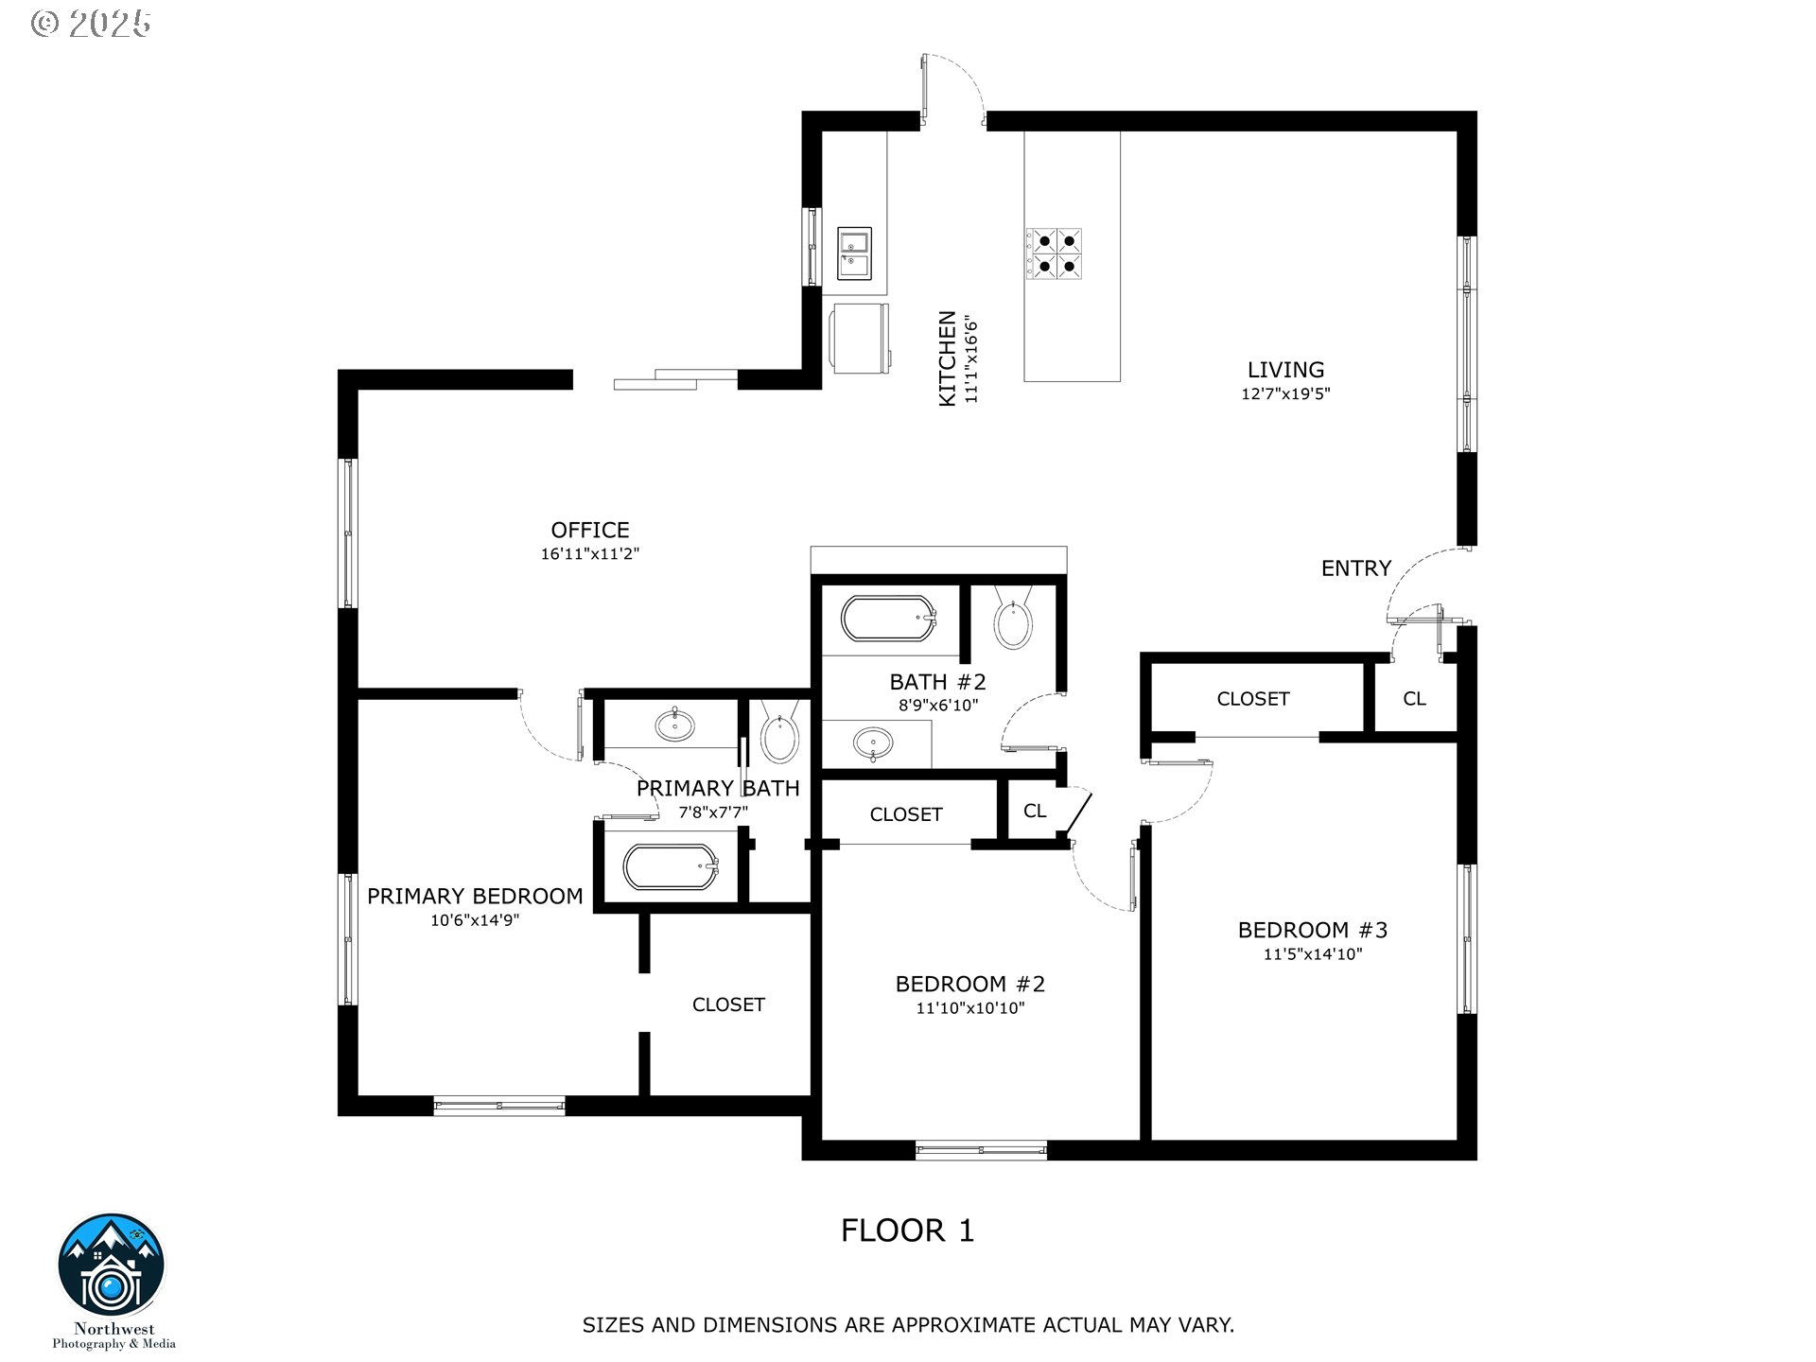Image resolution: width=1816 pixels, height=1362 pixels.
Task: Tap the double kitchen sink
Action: click(854, 253)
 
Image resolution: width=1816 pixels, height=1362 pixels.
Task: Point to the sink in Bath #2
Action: click(872, 743)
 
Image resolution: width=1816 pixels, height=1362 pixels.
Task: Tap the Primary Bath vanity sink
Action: click(674, 725)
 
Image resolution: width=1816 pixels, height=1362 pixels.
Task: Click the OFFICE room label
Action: click(590, 530)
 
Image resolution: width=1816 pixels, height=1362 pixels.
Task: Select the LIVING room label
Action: click(1285, 370)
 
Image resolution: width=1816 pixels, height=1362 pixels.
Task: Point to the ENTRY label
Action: click(1356, 568)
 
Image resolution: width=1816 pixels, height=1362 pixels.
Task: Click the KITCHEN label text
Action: click(947, 359)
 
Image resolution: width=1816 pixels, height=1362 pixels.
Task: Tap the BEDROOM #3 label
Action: click(1313, 930)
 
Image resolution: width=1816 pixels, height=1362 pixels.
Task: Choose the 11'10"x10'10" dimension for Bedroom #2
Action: click(970, 1008)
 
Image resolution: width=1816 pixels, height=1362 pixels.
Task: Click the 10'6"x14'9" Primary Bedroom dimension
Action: click(475, 920)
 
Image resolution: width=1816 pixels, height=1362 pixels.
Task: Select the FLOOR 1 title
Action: click(908, 1231)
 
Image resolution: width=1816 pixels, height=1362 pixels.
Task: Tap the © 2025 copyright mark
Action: click(91, 24)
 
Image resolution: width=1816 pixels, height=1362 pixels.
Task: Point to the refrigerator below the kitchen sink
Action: click(861, 337)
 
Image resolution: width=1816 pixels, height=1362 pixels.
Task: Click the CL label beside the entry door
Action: click(1414, 699)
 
